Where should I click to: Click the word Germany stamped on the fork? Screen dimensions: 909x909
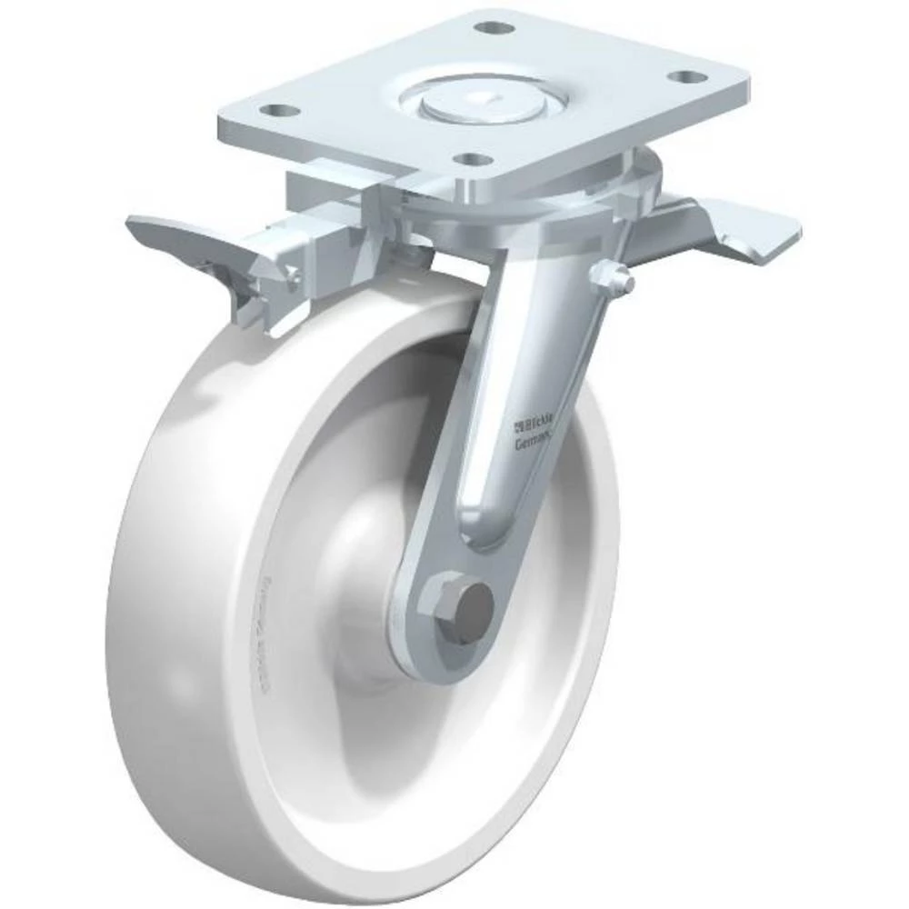click(535, 444)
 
